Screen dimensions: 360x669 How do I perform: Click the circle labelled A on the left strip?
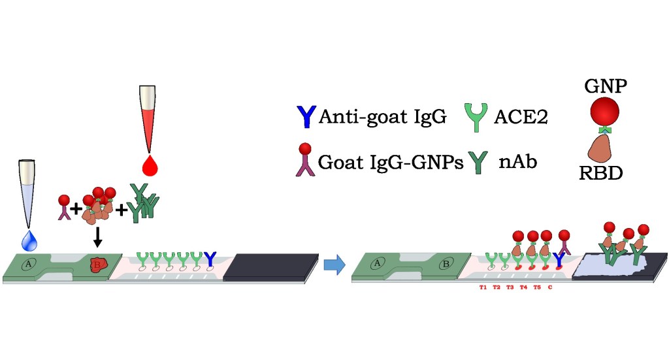pyautogui.click(x=29, y=264)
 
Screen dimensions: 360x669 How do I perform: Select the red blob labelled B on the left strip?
pyautogui.click(x=98, y=264)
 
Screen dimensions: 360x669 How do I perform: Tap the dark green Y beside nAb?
pyautogui.click(x=480, y=161)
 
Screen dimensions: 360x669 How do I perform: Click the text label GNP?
pyautogui.click(x=605, y=86)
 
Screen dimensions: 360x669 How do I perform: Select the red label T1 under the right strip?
pyautogui.click(x=483, y=286)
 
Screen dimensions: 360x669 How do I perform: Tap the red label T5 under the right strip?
pyautogui.click(x=536, y=286)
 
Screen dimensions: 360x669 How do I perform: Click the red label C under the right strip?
pyautogui.click(x=551, y=286)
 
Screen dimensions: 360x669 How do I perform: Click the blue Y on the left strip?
pyautogui.click(x=210, y=260)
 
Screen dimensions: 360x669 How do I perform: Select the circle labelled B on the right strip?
pyautogui.click(x=445, y=264)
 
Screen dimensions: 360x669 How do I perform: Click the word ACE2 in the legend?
pyautogui.click(x=520, y=117)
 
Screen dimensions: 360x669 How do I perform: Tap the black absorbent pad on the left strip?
pyautogui.click(x=269, y=267)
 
